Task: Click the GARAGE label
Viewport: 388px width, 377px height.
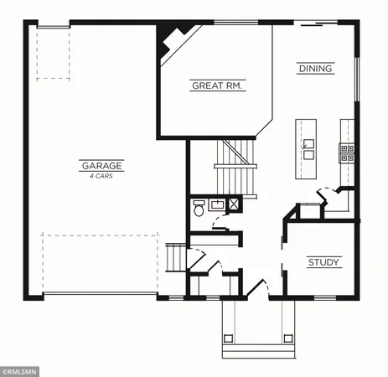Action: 101,166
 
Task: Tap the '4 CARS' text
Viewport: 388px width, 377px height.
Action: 101,176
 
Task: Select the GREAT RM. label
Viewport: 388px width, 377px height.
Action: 218,85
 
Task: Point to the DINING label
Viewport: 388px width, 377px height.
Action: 315,69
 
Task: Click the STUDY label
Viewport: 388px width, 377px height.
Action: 323,263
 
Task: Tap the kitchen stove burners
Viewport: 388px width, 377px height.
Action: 346,152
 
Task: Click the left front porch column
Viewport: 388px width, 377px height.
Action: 226,339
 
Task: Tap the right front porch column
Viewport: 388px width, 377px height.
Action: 289,339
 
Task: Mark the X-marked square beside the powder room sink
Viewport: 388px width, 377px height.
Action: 235,204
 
